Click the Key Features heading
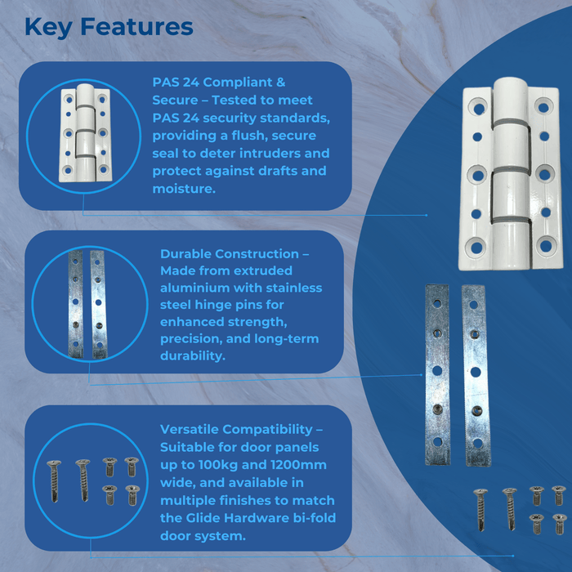pos(109,27)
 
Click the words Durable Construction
pos(229,254)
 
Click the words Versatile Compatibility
pos(237,429)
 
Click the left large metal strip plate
pos(438,376)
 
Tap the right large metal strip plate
pos(476,376)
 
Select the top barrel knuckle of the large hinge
pos(509,98)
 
